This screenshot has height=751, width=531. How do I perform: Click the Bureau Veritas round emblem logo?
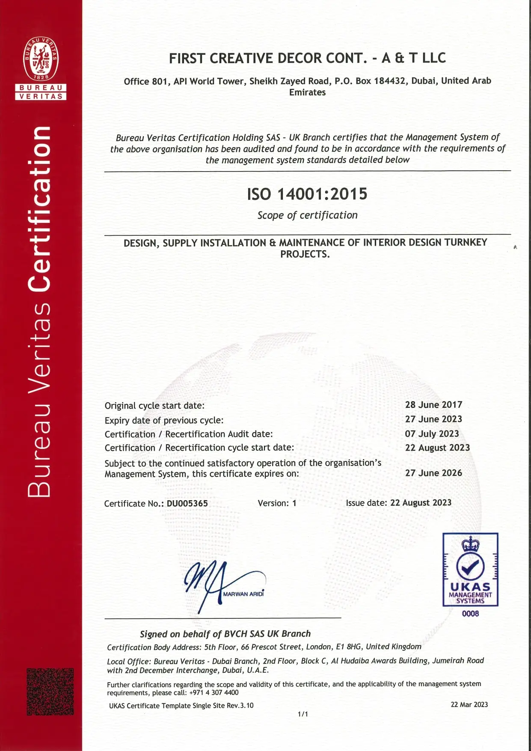[x=41, y=59]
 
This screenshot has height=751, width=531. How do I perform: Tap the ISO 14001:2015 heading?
[x=307, y=194]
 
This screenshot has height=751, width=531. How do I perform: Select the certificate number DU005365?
[x=187, y=504]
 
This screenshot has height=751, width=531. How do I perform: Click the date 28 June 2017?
[x=433, y=405]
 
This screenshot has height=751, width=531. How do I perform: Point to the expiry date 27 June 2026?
[x=433, y=473]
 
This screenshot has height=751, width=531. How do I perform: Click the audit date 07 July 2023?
[x=432, y=434]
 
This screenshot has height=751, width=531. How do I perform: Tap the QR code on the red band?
[x=50, y=692]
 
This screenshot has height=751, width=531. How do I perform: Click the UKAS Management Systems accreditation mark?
[x=470, y=569]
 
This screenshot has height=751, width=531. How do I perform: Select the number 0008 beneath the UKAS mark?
[x=470, y=614]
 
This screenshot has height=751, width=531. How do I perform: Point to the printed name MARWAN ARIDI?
[x=243, y=594]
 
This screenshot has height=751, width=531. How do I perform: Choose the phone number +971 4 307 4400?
[x=214, y=692]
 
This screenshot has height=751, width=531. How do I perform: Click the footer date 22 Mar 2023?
[x=469, y=704]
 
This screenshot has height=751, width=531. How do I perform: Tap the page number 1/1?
[x=303, y=714]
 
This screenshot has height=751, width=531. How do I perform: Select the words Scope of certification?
[x=307, y=215]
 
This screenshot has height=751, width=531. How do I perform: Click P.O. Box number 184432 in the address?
[x=389, y=81]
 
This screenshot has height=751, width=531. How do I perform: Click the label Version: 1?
[x=277, y=503]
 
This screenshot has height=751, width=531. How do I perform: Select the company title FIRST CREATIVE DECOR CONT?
[x=268, y=58]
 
